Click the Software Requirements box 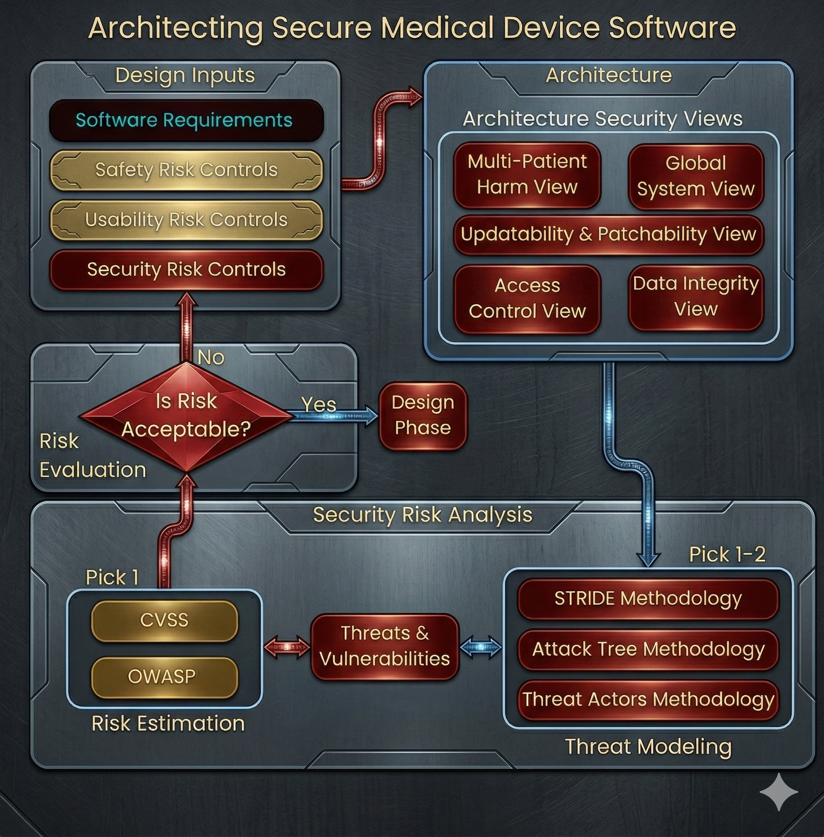click(x=186, y=120)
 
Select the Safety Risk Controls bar click(x=186, y=170)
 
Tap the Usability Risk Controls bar click(x=186, y=219)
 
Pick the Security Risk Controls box click(x=186, y=269)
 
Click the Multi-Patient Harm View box click(x=527, y=174)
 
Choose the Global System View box click(x=696, y=176)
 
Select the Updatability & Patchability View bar click(x=608, y=234)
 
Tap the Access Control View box click(x=527, y=298)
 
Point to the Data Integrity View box click(x=696, y=297)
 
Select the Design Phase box click(x=422, y=415)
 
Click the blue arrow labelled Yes click(x=333, y=416)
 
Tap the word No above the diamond click(x=211, y=357)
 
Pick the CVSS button click(x=165, y=620)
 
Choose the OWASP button click(x=165, y=676)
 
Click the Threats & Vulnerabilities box click(x=384, y=646)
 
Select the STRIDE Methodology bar click(x=648, y=598)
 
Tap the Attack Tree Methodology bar click(x=648, y=649)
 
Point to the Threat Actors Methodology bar click(x=648, y=699)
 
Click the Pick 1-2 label click(x=727, y=555)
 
